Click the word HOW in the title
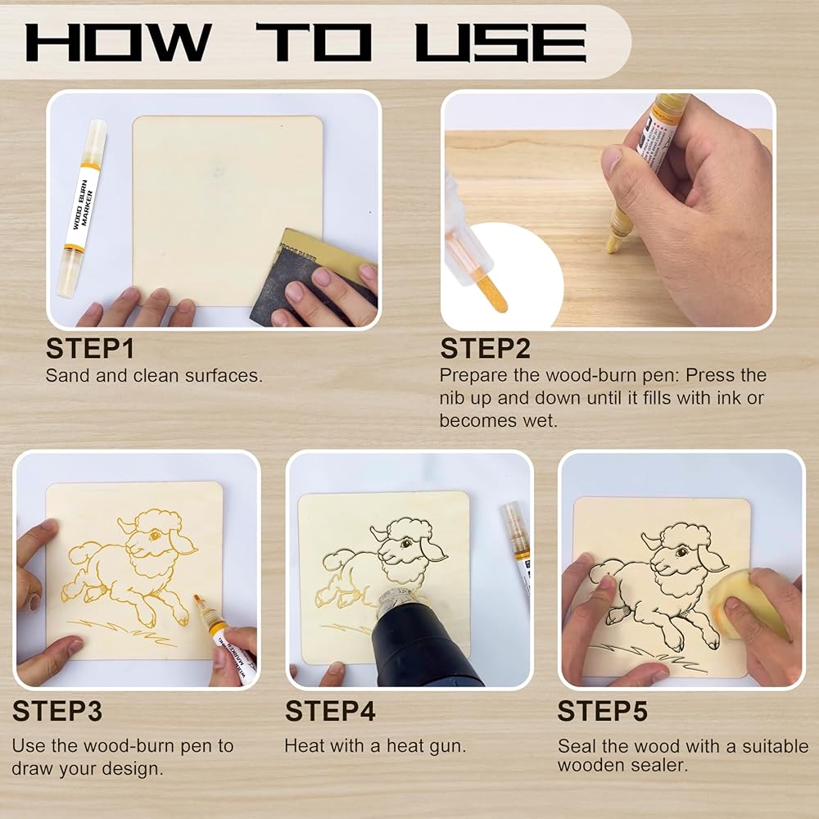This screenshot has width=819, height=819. coord(119,43)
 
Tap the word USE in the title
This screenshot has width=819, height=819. coord(501,43)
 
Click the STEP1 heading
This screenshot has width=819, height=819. coord(90,349)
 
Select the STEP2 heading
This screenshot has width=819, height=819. coord(485,349)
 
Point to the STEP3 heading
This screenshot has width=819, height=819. coord(57,712)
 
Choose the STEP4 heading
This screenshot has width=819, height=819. coord(330,712)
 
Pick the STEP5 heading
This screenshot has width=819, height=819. coord(602,712)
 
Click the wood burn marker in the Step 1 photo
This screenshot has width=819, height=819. coord(82,209)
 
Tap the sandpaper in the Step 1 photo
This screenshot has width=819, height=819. coord(314,277)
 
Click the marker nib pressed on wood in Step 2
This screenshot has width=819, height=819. coord(613,244)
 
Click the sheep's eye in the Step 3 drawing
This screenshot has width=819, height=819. coord(154,536)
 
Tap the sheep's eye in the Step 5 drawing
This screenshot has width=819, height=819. coord(681,551)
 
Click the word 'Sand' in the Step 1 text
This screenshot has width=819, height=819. coord(68,376)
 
